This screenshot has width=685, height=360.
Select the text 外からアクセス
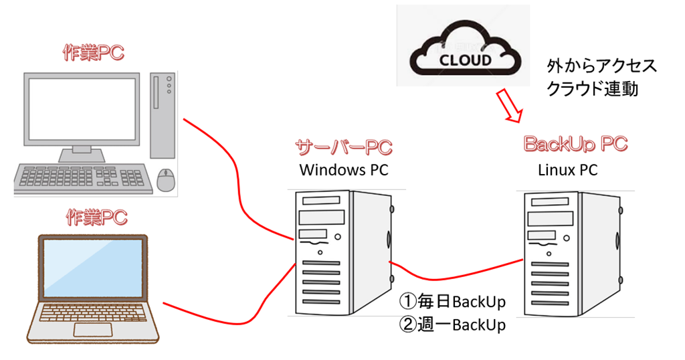[x=601, y=66]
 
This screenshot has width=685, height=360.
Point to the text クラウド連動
[x=593, y=89]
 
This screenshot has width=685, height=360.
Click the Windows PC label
[x=343, y=170]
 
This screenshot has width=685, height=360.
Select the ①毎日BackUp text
[x=452, y=301]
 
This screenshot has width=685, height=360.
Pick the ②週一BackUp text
[x=452, y=325]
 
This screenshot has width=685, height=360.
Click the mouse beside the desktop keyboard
[x=165, y=178]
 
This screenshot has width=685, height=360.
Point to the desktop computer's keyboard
[x=84, y=177]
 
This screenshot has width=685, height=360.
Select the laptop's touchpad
[x=92, y=329]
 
